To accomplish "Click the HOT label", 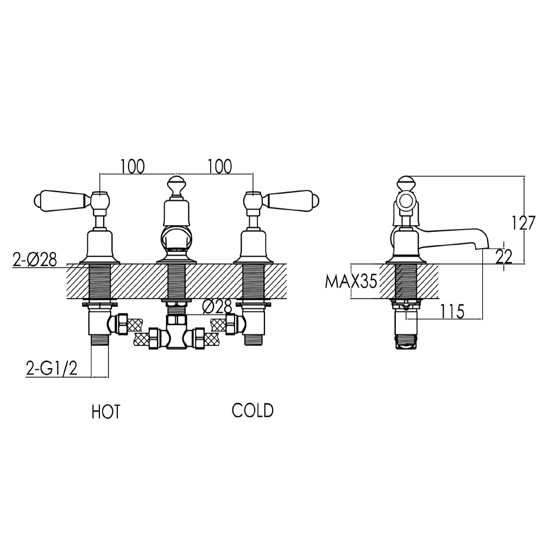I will [x=105, y=412].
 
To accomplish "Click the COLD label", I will [x=252, y=411].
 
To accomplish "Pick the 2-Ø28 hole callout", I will [x=34, y=261].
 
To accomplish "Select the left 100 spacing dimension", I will [x=132, y=166].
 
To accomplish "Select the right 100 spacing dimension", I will [x=219, y=166].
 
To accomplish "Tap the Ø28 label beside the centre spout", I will [x=217, y=307].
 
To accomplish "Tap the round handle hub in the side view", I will [x=405, y=203].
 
